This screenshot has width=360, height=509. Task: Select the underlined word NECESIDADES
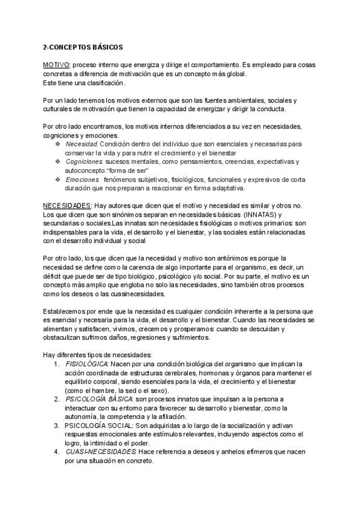point(67,205)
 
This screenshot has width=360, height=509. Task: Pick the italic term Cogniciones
point(83,162)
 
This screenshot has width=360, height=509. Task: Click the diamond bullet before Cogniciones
point(58,162)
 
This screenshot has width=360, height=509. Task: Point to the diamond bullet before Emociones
point(58,179)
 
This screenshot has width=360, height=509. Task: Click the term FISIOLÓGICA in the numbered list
point(86,364)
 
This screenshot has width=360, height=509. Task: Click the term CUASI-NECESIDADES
point(100,451)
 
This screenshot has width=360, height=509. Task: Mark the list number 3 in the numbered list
point(55,425)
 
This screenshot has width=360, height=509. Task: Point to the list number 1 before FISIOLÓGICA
point(55,364)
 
